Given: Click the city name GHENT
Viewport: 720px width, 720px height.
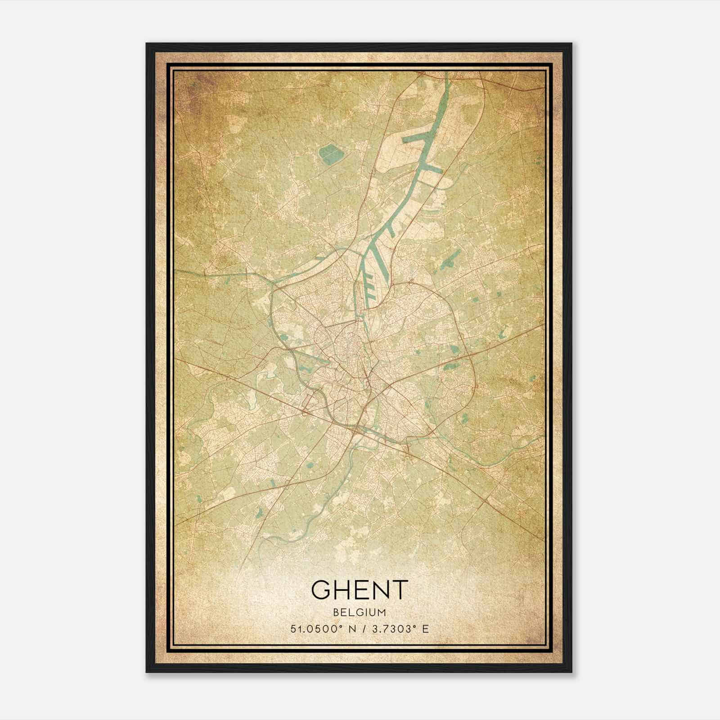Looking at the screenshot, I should pos(359,590).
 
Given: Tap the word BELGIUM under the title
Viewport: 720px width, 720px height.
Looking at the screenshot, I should pos(360,612).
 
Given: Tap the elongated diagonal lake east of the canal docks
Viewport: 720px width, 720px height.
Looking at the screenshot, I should pos(448,260).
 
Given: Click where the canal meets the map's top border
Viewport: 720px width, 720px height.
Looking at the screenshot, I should pos(447,73).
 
